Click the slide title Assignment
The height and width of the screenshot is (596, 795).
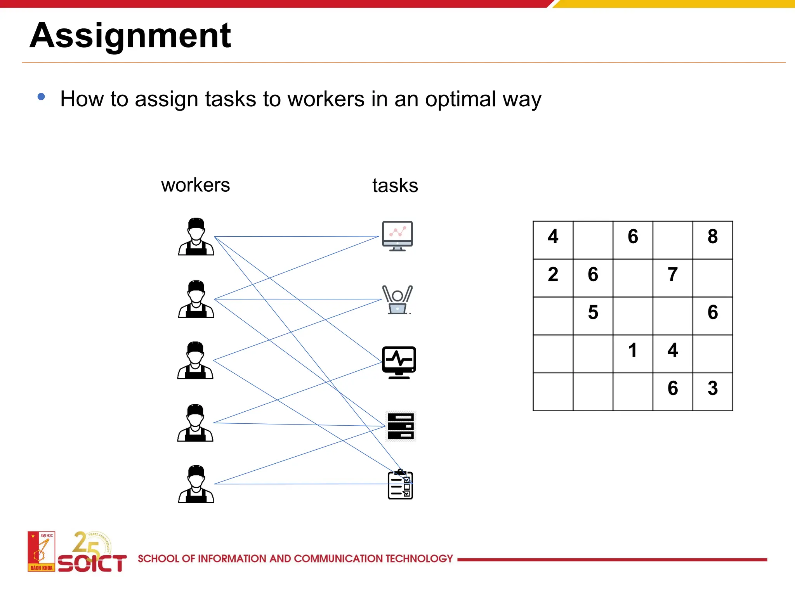click(x=130, y=36)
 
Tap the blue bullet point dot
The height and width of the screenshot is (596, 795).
click(x=41, y=97)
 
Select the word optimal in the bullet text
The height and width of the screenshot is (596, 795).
click(x=460, y=99)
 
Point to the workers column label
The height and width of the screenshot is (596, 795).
click(x=195, y=185)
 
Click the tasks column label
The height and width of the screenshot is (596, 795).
click(x=395, y=185)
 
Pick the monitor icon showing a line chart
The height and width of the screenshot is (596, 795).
click(x=397, y=236)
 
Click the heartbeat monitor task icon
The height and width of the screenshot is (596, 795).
click(x=399, y=362)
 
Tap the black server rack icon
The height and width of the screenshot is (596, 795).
click(x=401, y=426)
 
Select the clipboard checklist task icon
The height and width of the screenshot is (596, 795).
click(x=400, y=485)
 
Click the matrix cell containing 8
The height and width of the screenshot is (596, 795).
click(x=712, y=237)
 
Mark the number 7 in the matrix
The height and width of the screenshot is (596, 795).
click(x=672, y=275)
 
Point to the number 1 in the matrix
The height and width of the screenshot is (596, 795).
click(x=632, y=350)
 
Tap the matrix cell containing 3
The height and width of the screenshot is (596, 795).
click(x=712, y=388)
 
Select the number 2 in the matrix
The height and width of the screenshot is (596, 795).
click(x=553, y=275)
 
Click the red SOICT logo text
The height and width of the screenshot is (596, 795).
click(x=92, y=563)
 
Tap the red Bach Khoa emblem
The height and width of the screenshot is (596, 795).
click(x=41, y=551)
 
